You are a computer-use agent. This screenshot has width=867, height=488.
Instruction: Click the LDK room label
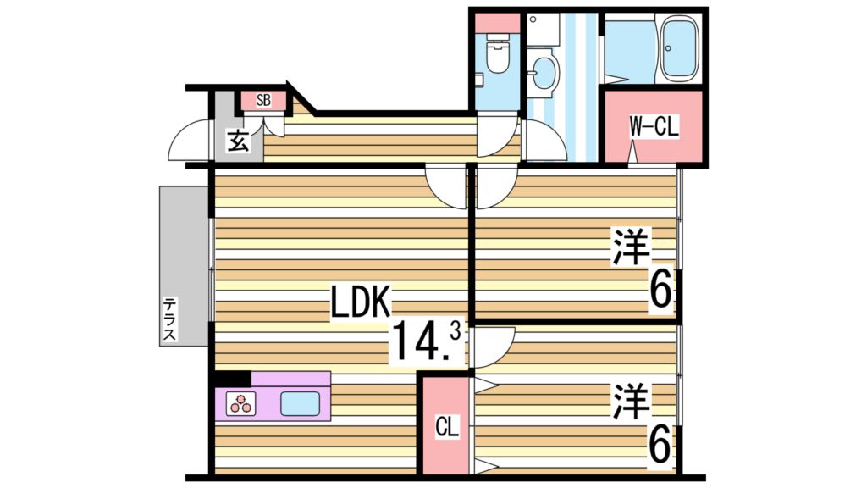pyautogui.click(x=360, y=303)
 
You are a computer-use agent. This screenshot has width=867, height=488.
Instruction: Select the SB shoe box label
pyautogui.click(x=263, y=101)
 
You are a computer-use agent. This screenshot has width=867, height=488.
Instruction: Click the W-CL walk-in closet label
pyautogui.click(x=653, y=127)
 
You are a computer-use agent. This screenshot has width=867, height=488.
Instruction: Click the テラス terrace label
pyautogui.click(x=170, y=319)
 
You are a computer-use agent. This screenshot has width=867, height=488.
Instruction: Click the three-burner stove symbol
pyautogui.click(x=240, y=404)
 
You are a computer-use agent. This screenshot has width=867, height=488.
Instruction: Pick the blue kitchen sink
pyautogui.click(x=300, y=404)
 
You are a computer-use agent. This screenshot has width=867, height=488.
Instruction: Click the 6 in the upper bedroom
pyautogui.click(x=661, y=291)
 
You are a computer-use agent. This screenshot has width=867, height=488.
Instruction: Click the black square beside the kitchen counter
pyautogui.click(x=233, y=379)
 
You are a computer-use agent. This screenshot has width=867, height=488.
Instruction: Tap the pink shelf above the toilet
pyautogui.click(x=497, y=23)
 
